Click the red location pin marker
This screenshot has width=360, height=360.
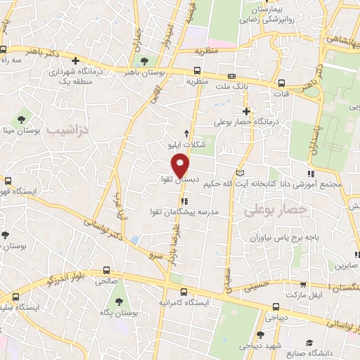(x=181, y=165)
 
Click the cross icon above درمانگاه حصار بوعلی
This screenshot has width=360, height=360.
(x=246, y=111)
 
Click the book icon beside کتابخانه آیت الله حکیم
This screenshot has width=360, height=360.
(x=241, y=172)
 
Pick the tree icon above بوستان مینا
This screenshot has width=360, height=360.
(x=22, y=118)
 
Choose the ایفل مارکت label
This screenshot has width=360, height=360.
(x=325, y=296)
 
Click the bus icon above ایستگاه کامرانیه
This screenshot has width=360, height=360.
(x=184, y=291)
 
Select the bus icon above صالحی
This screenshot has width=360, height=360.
(x=105, y=269)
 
